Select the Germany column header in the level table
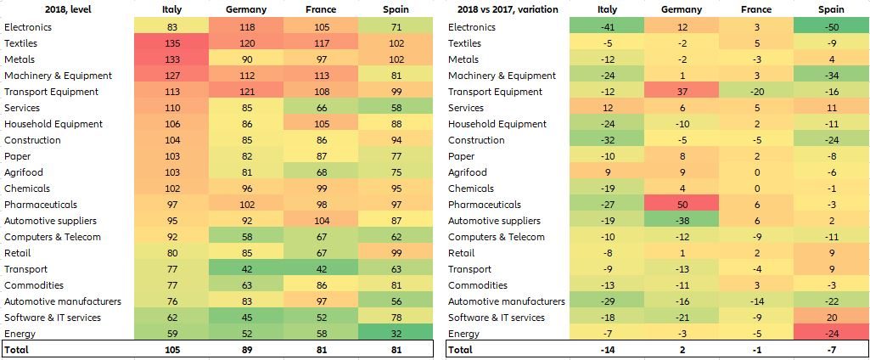[x=244, y=10]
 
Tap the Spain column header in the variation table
[x=830, y=10]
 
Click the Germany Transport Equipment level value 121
[x=244, y=92]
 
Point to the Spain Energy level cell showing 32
[x=395, y=334]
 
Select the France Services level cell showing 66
[x=320, y=108]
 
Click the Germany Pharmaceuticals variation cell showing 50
[x=681, y=205]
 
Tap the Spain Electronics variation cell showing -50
[x=830, y=27]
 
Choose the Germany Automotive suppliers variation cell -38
[x=681, y=221]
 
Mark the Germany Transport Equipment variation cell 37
[x=681, y=92]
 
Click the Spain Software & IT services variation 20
[x=830, y=318]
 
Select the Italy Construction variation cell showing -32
[x=607, y=140]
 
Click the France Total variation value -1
[x=755, y=350]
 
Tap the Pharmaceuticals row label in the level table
[x=41, y=205]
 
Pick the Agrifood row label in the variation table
[x=468, y=172]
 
